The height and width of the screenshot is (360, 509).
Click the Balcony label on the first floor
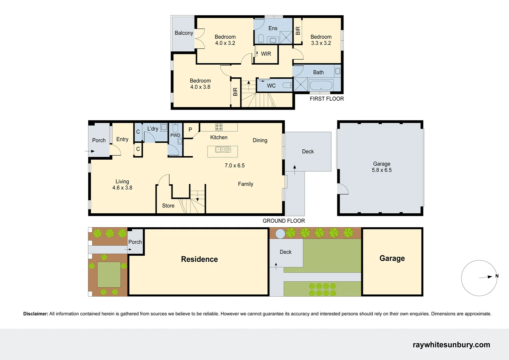pyautogui.click(x=184, y=33)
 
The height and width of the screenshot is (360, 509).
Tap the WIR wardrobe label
pyautogui.click(x=266, y=54)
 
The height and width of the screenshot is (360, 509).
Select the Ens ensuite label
pyautogui.click(x=273, y=28)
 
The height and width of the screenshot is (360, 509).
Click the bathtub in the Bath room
pyautogui.click(x=321, y=85)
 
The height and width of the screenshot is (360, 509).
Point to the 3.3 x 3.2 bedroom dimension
pyautogui.click(x=321, y=43)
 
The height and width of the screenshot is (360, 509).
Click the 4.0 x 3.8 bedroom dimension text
pyautogui.click(x=200, y=87)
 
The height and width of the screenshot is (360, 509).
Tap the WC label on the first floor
pyautogui.click(x=271, y=86)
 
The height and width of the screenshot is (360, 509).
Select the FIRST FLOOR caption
pyautogui.click(x=326, y=99)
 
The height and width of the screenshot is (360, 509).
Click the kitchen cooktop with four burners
pyautogui.click(x=219, y=127)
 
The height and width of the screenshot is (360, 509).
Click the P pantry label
pyautogui.click(x=190, y=130)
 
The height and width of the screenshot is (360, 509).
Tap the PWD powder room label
pyautogui.click(x=175, y=135)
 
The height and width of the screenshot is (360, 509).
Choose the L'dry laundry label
pyautogui.click(x=153, y=129)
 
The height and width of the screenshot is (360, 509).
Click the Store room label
pyautogui.click(x=168, y=206)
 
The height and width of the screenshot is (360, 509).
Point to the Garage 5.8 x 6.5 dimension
pyautogui.click(x=382, y=170)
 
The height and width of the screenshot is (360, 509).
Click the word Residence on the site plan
pyautogui.click(x=199, y=259)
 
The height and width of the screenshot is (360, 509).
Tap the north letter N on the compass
pyautogui.click(x=497, y=276)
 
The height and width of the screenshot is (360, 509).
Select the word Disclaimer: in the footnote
pyautogui.click(x=36, y=314)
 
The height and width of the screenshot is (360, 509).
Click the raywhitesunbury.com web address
pyautogui.click(x=451, y=345)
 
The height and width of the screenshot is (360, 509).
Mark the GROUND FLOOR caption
pyautogui.click(x=283, y=221)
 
